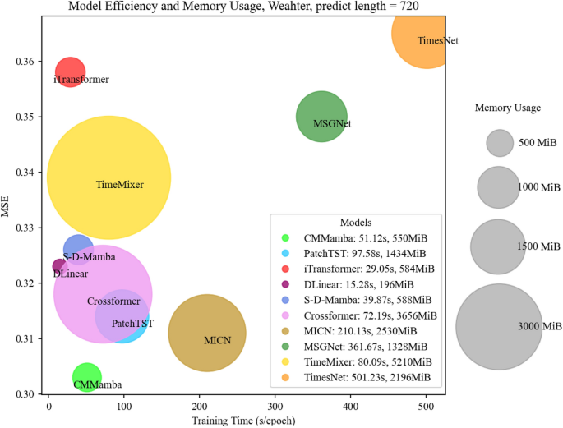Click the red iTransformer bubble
[x=71, y=71]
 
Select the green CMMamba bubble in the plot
[x=86, y=377]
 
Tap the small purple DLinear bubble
[x=58, y=265]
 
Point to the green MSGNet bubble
[x=321, y=117]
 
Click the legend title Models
[x=356, y=222]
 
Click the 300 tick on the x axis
[x=275, y=407]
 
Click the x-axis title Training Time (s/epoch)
[x=243, y=421]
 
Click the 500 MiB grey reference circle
[x=500, y=143]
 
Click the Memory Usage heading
[x=507, y=108]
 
